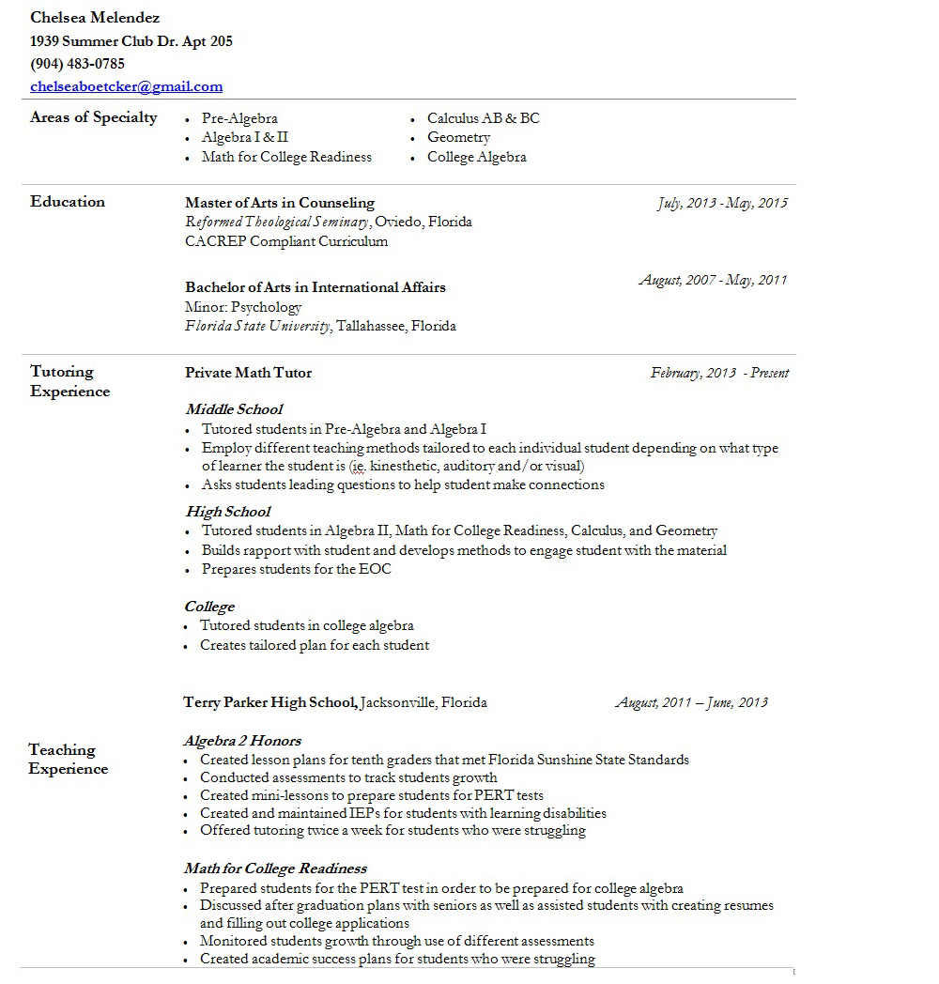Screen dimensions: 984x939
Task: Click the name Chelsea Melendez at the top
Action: click(95, 18)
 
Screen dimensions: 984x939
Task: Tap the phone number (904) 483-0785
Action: click(77, 64)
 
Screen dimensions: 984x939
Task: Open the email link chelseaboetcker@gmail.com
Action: click(126, 86)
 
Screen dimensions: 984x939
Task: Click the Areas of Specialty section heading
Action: click(94, 117)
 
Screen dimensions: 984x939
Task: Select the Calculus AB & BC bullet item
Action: click(483, 118)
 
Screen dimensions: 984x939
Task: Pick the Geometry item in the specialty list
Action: click(458, 137)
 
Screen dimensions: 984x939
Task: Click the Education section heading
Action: click(68, 202)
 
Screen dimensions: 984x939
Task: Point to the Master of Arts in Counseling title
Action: click(280, 203)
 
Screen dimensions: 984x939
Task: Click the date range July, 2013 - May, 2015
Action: click(722, 203)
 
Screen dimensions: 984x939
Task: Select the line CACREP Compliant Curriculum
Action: click(286, 241)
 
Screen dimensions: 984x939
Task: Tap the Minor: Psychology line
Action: click(243, 307)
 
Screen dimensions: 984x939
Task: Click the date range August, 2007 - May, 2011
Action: click(714, 280)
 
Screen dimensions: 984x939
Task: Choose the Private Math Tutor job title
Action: click(248, 373)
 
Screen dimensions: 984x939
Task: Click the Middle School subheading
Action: click(234, 409)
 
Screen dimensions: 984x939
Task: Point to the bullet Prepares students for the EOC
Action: click(296, 569)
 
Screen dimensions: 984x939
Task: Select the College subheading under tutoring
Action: click(209, 607)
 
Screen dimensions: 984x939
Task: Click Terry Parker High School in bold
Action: click(269, 702)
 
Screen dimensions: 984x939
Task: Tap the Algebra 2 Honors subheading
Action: click(242, 741)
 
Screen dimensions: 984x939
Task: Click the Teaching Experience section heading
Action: click(68, 759)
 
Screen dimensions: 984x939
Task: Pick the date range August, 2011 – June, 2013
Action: click(691, 702)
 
